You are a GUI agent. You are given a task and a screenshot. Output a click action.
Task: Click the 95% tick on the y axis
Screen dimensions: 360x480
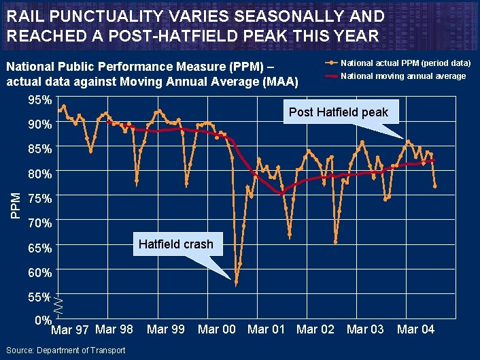pyautogui.click(x=40, y=101)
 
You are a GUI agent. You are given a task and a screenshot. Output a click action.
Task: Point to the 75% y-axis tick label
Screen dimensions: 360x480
pyautogui.click(x=40, y=199)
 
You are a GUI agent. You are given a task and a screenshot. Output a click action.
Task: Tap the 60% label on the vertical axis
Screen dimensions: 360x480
pyautogui.click(x=40, y=273)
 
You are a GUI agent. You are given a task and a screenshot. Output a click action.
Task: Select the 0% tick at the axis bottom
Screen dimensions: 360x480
pyautogui.click(x=43, y=321)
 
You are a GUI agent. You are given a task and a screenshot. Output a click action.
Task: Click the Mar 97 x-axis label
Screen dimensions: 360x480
pyautogui.click(x=70, y=330)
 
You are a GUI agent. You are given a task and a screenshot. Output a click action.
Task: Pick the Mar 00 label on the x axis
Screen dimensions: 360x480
pyautogui.click(x=216, y=329)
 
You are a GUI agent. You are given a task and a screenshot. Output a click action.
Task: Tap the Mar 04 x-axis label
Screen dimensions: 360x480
pyautogui.click(x=415, y=329)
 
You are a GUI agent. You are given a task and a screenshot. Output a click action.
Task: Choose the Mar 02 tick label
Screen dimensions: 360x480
pyautogui.click(x=315, y=329)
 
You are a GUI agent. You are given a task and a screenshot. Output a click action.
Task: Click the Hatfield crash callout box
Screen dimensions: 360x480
pyautogui.click(x=175, y=244)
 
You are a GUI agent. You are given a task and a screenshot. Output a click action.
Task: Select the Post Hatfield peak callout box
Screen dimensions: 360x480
pyautogui.click(x=338, y=112)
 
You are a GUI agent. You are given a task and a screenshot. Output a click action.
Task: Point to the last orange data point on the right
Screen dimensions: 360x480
pyautogui.click(x=434, y=186)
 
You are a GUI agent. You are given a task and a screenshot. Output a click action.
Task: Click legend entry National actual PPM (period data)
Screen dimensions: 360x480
pyautogui.click(x=405, y=63)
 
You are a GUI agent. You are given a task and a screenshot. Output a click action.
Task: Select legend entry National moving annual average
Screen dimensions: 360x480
pyautogui.click(x=402, y=76)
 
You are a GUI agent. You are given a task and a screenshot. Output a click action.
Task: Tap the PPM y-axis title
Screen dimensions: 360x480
pyautogui.click(x=16, y=205)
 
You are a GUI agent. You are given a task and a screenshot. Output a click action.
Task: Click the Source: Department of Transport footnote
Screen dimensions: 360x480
pyautogui.click(x=65, y=350)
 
